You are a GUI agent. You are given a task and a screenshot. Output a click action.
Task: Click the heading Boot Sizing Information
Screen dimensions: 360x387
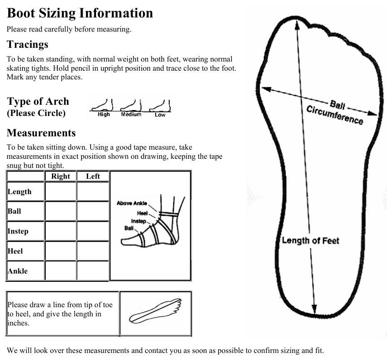tap(80, 13)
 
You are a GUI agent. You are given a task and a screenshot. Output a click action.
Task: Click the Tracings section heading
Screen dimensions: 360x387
tap(27, 44)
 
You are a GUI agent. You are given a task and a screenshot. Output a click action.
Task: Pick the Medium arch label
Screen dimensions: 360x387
tap(131, 115)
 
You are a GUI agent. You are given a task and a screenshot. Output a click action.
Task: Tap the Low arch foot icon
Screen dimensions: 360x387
tap(160, 106)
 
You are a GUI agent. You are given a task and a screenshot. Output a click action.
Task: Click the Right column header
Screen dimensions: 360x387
tap(61, 176)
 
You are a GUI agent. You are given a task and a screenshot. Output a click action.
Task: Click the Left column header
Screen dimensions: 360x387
tap(93, 176)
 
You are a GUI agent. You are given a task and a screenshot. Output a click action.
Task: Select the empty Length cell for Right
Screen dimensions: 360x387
tap(61, 192)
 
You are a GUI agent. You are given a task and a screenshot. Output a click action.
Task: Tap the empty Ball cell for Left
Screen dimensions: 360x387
tap(93, 211)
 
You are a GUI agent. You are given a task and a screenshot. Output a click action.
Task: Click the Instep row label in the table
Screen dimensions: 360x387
tap(18, 231)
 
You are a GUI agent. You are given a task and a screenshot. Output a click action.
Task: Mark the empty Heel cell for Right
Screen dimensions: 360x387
tap(61, 251)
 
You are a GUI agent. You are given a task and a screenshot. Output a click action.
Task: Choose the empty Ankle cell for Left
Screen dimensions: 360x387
tap(93, 271)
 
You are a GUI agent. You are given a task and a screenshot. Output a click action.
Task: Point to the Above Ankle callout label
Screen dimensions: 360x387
tap(132, 203)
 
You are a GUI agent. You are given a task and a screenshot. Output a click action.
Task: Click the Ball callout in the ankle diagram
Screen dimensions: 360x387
tap(129, 228)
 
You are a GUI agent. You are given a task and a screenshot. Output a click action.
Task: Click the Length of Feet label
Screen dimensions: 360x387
tap(311, 240)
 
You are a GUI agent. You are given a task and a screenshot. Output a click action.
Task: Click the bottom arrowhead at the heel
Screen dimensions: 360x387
tap(315, 310)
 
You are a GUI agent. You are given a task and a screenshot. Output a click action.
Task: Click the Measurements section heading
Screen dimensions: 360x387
tap(41, 133)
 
